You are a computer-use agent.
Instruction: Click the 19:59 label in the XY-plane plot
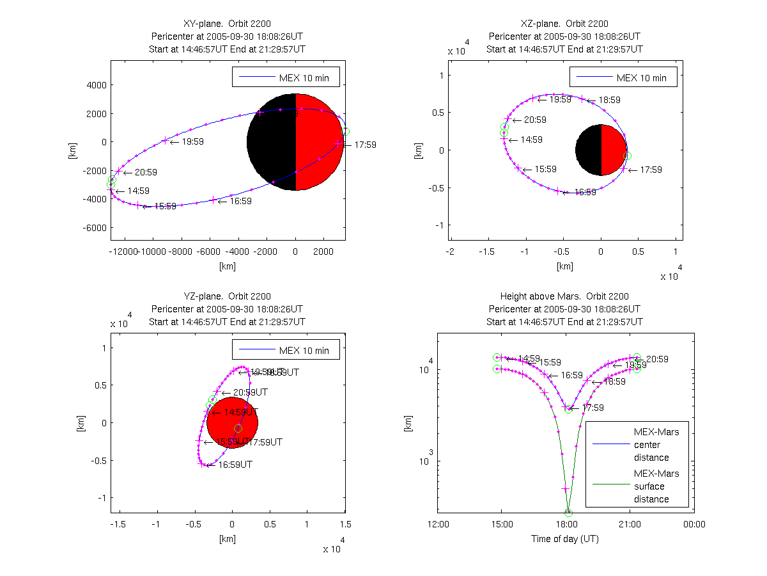click(x=192, y=141)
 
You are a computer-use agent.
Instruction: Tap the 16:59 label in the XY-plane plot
click(x=240, y=201)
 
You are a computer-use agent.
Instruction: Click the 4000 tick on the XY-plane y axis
click(x=96, y=84)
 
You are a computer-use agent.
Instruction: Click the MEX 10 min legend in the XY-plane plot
click(x=285, y=77)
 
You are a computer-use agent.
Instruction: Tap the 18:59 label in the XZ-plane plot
click(x=609, y=100)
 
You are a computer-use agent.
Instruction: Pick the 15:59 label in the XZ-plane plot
click(x=545, y=170)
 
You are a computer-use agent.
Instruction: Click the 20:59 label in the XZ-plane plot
click(x=535, y=120)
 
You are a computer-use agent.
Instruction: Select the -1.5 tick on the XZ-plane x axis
click(x=488, y=252)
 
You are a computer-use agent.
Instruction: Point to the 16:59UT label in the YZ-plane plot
click(x=235, y=465)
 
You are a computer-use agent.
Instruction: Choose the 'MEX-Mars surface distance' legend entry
click(x=651, y=486)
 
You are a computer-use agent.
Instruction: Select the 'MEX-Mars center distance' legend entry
click(x=651, y=445)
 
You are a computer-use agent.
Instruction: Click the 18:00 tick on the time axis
click(x=566, y=524)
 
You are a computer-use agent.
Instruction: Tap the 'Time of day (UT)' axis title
click(x=565, y=539)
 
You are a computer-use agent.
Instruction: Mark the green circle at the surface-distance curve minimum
click(x=568, y=513)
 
